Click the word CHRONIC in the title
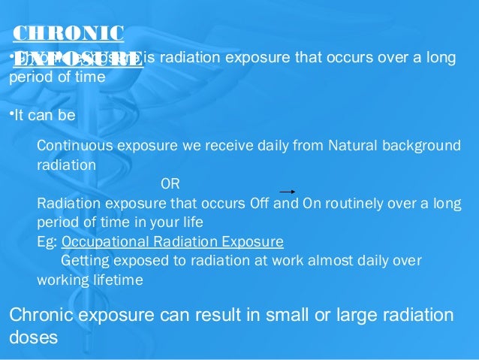tap(69, 34)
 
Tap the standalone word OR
tap(170, 184)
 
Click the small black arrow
tap(291, 192)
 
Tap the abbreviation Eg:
tap(47, 243)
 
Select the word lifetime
tap(117, 280)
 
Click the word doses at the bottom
tap(33, 337)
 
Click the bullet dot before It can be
tap(10, 114)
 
